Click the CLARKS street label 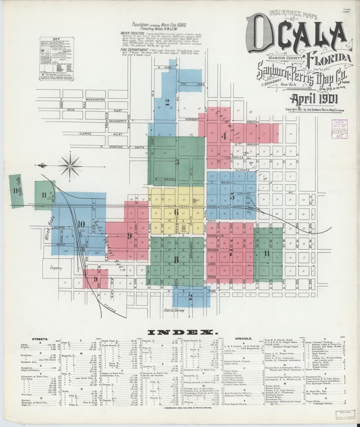85,133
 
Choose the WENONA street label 252,122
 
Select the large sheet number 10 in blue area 81,224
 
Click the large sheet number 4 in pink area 224,136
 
